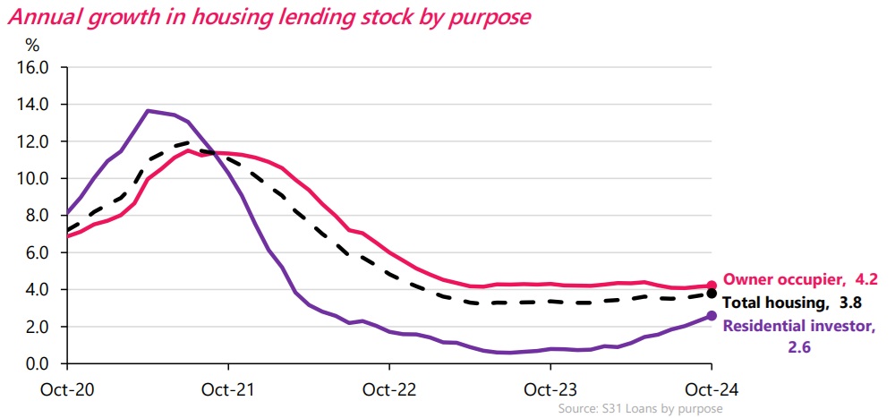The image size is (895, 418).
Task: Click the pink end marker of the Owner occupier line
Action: coord(712,286)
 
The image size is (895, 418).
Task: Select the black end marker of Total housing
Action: coord(712,294)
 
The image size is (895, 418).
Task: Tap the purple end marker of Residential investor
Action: coord(712,315)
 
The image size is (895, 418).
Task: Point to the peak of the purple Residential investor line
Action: coord(148,110)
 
